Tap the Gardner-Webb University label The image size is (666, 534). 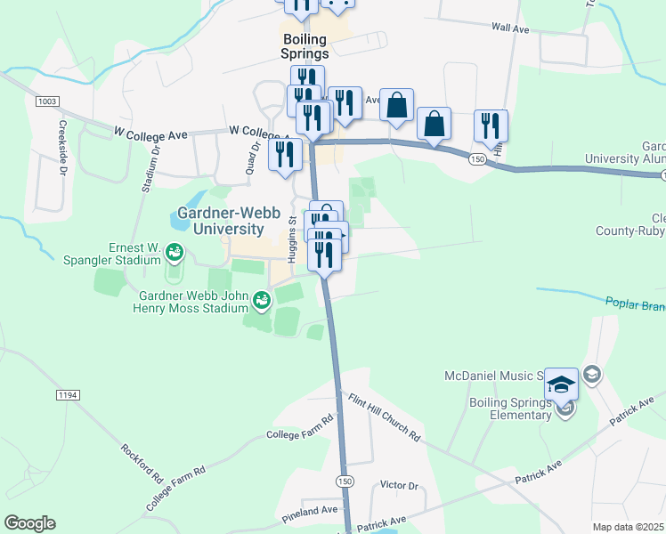point(222,222)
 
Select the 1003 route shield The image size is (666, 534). point(49,101)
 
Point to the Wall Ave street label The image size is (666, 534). point(510,28)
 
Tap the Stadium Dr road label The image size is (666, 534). point(148,169)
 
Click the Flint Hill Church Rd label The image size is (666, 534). point(384,417)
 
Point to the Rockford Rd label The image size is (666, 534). point(142,463)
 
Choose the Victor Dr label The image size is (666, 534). point(398,485)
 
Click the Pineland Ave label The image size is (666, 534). point(311,509)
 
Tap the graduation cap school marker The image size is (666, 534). point(561,384)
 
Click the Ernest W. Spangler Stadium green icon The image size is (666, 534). point(175,255)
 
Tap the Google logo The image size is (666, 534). point(29,523)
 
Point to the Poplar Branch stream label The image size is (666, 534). point(635,304)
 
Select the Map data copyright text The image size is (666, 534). point(628,527)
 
